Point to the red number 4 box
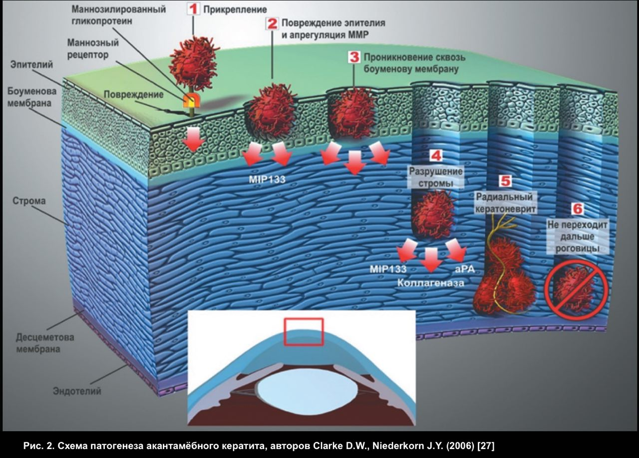click(435, 155)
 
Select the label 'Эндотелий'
click(77, 391)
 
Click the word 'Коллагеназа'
click(431, 283)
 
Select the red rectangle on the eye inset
click(304, 332)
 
